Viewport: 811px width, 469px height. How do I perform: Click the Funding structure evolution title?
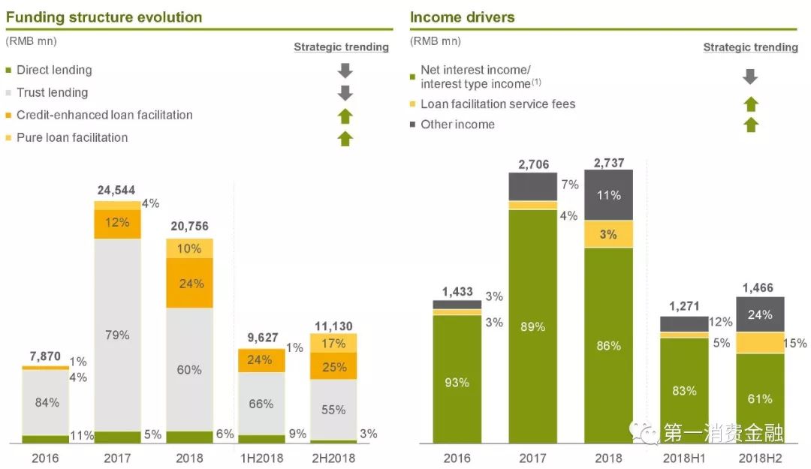(104, 17)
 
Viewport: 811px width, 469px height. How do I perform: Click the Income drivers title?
(462, 17)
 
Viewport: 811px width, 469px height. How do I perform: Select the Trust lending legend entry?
(52, 92)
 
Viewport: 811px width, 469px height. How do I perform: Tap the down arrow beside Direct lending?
(345, 71)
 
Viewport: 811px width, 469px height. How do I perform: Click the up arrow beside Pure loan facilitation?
(345, 138)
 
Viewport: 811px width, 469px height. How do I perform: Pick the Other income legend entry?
(457, 125)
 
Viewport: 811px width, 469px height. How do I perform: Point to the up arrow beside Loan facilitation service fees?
(750, 104)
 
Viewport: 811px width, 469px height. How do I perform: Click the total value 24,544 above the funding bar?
(116, 191)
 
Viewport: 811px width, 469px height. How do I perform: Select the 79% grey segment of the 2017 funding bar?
(117, 335)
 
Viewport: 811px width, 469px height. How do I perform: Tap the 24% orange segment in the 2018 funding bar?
(190, 284)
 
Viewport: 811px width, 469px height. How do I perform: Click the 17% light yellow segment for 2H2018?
(333, 344)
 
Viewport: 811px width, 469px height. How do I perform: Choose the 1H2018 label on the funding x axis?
(261, 458)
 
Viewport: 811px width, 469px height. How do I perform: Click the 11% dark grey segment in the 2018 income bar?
(608, 195)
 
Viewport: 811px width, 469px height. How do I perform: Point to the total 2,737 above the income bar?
(608, 163)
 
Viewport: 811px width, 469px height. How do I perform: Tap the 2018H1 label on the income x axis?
(683, 458)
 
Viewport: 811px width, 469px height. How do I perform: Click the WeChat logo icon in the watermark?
(644, 431)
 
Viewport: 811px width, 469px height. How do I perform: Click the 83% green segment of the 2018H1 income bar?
(683, 390)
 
